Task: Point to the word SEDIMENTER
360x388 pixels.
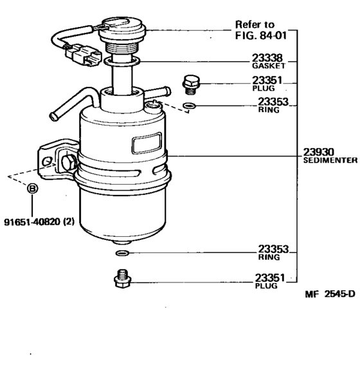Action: coord(327,160)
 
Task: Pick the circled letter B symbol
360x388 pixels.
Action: coord(32,189)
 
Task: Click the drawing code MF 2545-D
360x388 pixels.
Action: coord(330,294)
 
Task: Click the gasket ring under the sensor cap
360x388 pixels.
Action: coord(127,61)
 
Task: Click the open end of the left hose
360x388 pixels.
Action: coord(55,116)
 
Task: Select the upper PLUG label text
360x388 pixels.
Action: coord(264,88)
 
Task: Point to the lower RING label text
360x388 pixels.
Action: coord(269,257)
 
